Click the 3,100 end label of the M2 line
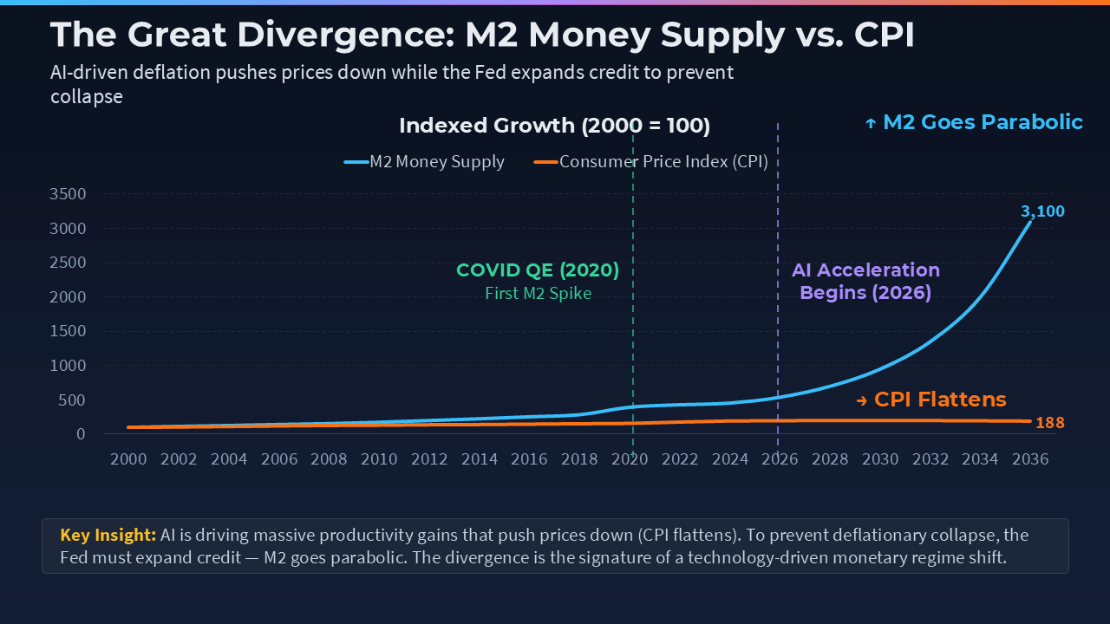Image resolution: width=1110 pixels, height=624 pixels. [x=1042, y=211]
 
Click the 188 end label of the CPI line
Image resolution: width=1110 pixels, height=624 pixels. [x=1049, y=423]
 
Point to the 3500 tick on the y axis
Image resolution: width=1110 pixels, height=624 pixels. [x=69, y=194]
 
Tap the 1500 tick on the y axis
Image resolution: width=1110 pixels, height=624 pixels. [x=69, y=331]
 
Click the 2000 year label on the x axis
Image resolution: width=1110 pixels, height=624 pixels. [x=128, y=459]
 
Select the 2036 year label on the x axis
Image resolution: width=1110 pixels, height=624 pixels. [x=1029, y=459]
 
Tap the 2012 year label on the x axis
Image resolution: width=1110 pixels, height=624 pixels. [x=429, y=459]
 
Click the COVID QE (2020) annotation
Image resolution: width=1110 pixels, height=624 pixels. [x=538, y=270]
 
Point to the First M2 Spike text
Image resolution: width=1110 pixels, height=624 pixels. [x=538, y=293]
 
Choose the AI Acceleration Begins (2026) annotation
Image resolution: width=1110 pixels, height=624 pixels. [x=865, y=282]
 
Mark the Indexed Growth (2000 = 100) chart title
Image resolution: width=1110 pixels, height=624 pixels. [x=554, y=126]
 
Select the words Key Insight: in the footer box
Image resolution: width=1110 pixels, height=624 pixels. [x=108, y=535]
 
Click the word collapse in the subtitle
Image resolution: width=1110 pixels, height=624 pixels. [x=87, y=96]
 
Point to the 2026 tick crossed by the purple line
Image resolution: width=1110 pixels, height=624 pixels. [x=779, y=459]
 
